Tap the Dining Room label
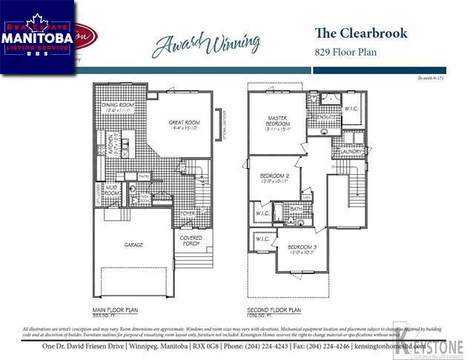[117, 107]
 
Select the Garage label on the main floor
[133, 244]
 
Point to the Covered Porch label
[191, 241]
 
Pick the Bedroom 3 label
[302, 247]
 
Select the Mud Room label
[111, 191]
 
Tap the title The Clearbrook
[361, 33]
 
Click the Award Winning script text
[206, 42]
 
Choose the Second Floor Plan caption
[274, 310]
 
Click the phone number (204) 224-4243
[270, 347]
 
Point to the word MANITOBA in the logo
[37, 36]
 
